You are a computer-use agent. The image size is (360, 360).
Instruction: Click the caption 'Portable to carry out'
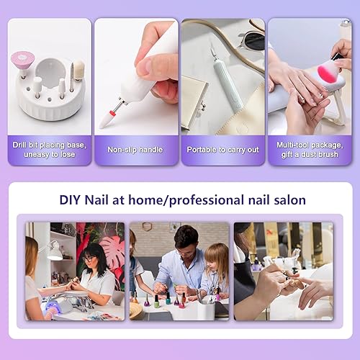(x=223, y=150)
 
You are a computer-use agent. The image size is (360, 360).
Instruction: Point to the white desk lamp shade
(x=51, y=249)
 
